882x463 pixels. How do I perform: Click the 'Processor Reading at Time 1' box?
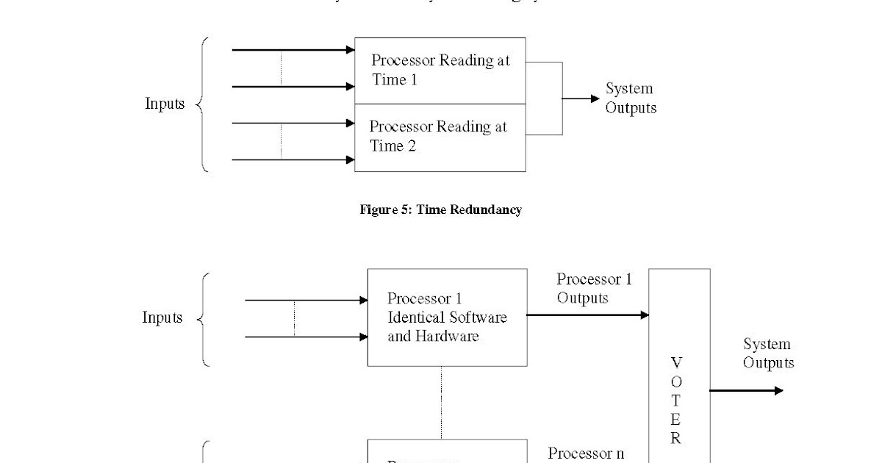(x=440, y=71)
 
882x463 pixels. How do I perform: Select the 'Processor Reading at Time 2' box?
(x=440, y=137)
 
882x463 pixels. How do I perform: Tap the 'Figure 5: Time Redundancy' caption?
(x=440, y=210)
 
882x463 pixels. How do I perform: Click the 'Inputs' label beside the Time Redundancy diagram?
(x=165, y=104)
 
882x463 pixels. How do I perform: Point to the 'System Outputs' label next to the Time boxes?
(x=630, y=98)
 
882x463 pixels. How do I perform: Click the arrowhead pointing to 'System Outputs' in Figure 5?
(x=595, y=98)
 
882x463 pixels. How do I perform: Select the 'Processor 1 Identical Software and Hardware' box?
(x=447, y=317)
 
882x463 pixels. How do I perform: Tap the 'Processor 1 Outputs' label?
(x=593, y=288)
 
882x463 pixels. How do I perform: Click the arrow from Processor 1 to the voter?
(x=588, y=315)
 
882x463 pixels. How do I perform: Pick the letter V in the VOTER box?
(x=676, y=362)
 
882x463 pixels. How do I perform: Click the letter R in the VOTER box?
(x=676, y=439)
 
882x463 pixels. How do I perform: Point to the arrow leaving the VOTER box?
(x=746, y=391)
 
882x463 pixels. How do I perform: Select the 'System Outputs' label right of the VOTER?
(x=768, y=353)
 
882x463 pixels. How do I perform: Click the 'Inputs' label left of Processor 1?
(x=162, y=317)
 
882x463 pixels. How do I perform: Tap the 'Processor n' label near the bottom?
(x=586, y=453)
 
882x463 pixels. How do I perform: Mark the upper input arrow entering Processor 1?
(x=306, y=301)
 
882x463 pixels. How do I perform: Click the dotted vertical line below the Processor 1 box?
(x=441, y=402)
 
